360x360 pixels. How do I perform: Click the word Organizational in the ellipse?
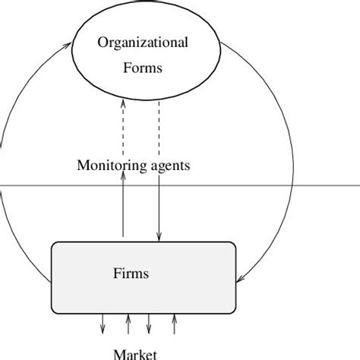pyautogui.click(x=143, y=42)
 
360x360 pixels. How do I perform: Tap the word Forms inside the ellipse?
pyautogui.click(x=143, y=67)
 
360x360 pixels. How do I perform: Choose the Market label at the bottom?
pyautogui.click(x=135, y=353)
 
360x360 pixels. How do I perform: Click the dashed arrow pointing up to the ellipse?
pyautogui.click(x=123, y=129)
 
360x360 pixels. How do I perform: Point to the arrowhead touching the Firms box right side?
pyautogui.click(x=238, y=279)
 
